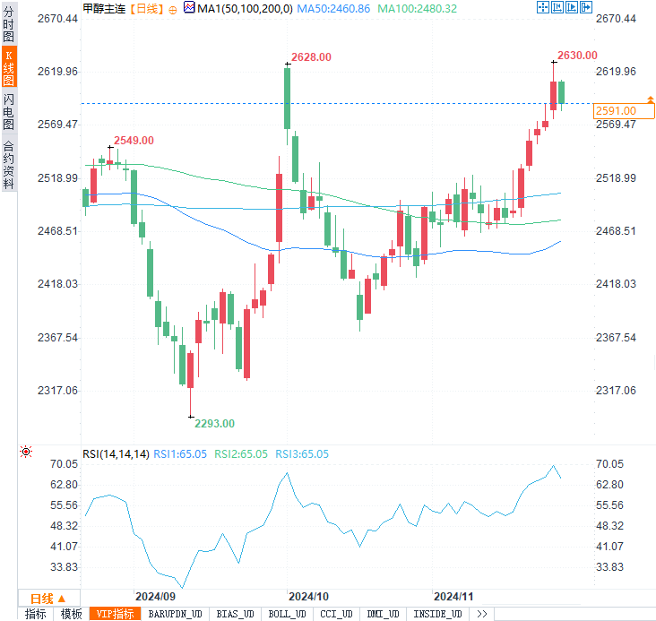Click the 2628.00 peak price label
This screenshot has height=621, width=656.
pos(312,57)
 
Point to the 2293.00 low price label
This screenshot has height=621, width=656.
pos(215,424)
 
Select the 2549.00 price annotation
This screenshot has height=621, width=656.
pos(134,141)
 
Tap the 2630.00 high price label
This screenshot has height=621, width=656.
pos(577,56)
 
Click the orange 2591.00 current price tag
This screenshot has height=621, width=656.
pos(615,111)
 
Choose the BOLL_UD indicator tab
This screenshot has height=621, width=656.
pos(286,614)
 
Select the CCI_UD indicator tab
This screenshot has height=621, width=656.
pos(336,614)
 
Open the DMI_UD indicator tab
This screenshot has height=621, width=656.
pos(383,614)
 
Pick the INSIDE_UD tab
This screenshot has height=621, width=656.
pos(436,614)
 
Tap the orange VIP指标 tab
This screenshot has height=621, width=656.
pos(115,614)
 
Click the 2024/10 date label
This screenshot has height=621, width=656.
pos(309,597)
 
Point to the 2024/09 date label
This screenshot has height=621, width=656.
pos(154,597)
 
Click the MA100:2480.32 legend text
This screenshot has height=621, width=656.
pos(417,8)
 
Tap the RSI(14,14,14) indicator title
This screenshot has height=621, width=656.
pos(116,454)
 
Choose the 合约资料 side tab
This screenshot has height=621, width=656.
pos(8,164)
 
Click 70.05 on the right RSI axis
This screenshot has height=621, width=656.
pos(609,464)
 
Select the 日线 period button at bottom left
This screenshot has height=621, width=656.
pos(47,598)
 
